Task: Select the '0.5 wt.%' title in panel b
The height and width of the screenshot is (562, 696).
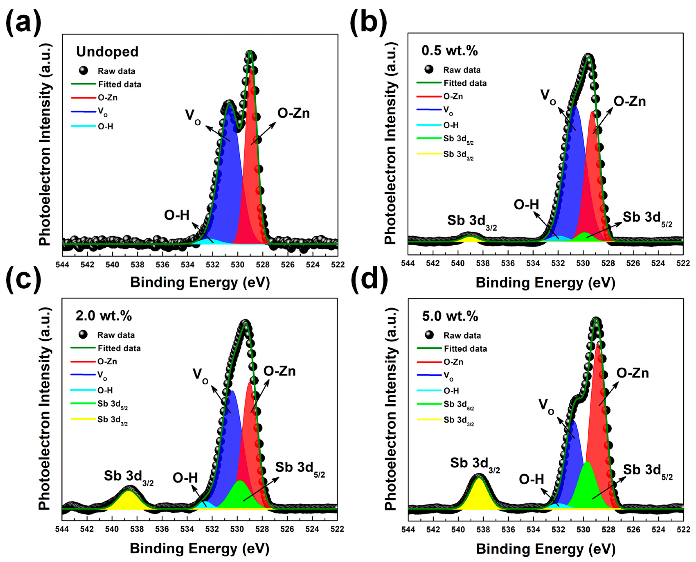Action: pyautogui.click(x=449, y=51)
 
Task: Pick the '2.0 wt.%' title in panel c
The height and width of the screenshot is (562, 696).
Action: pyautogui.click(x=103, y=316)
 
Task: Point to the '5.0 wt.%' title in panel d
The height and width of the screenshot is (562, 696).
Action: pyautogui.click(x=450, y=316)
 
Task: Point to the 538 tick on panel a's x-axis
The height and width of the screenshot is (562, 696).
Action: pyautogui.click(x=137, y=265)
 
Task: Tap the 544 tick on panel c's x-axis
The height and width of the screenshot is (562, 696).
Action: pyautogui.click(x=62, y=529)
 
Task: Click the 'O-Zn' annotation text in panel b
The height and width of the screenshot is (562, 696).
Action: pyautogui.click(x=629, y=102)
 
